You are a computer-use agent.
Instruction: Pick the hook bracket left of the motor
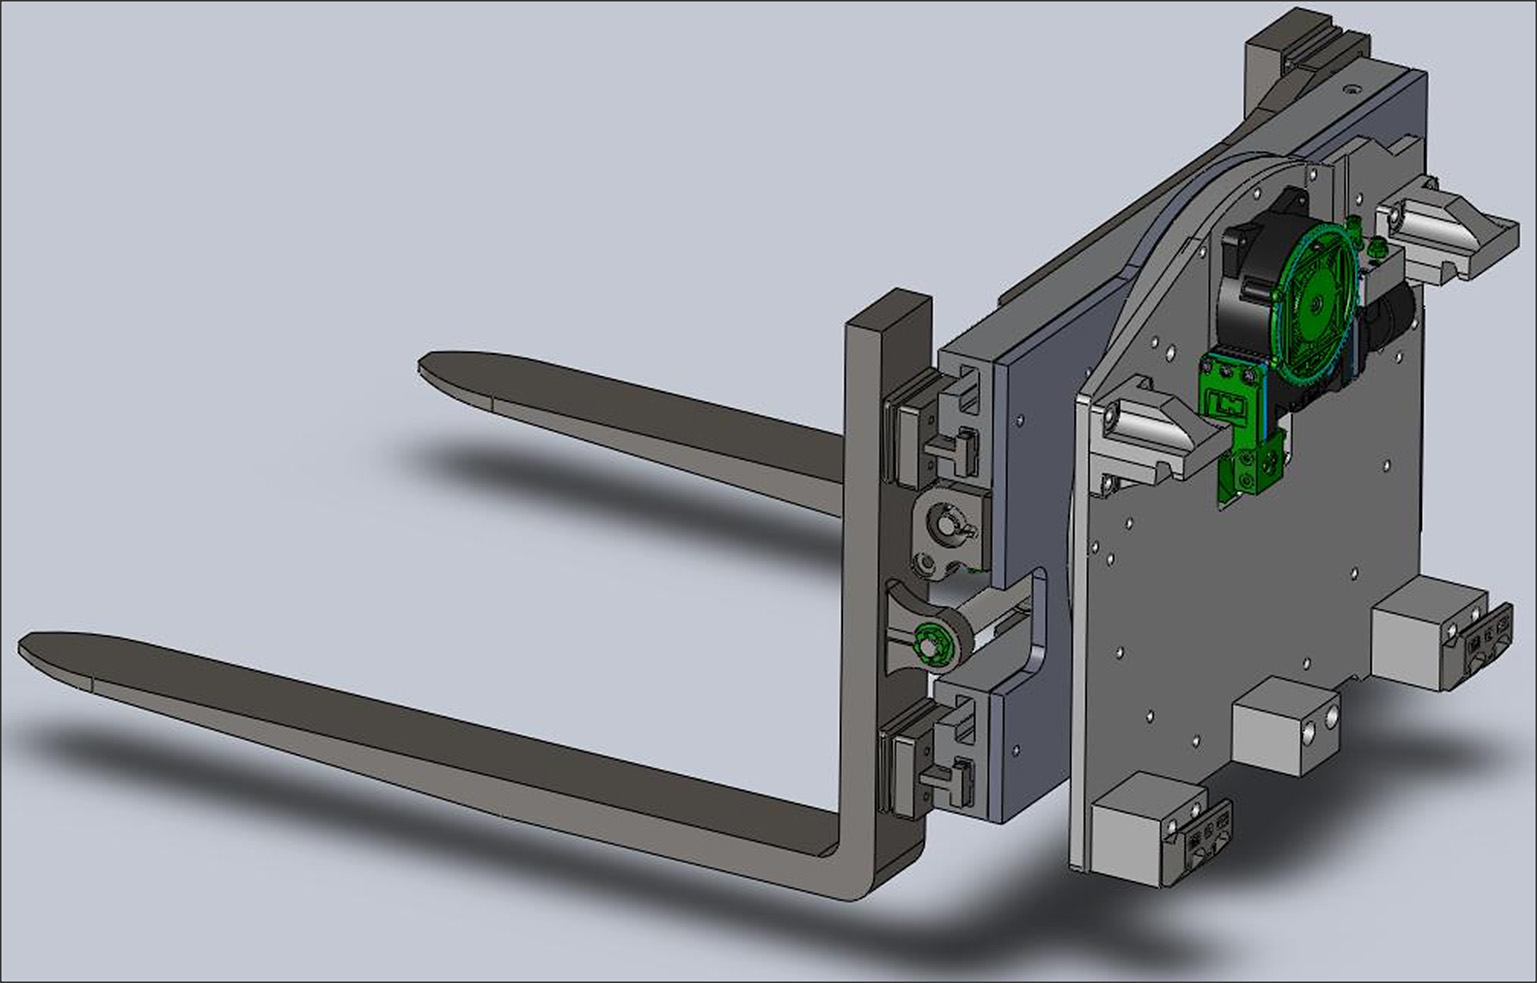point(1150,430)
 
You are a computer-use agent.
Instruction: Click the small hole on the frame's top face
point(1352,90)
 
